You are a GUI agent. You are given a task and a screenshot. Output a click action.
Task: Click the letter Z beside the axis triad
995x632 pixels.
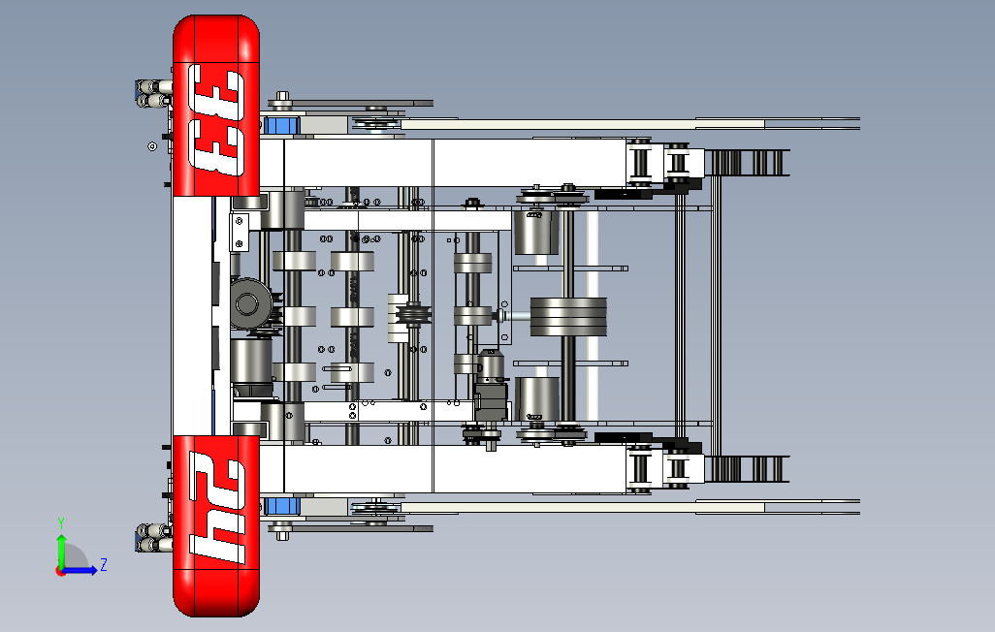point(104,564)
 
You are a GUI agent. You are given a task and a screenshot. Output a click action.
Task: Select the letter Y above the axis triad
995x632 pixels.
point(61,523)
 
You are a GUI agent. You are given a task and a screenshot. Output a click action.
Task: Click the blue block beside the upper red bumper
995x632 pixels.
point(280,125)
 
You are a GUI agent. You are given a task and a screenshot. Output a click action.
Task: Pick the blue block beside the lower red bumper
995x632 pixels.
point(282,506)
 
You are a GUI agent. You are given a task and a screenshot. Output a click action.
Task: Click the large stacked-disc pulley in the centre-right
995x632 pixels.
point(568,317)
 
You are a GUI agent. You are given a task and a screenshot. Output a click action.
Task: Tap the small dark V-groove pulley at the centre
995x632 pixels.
point(414,315)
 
